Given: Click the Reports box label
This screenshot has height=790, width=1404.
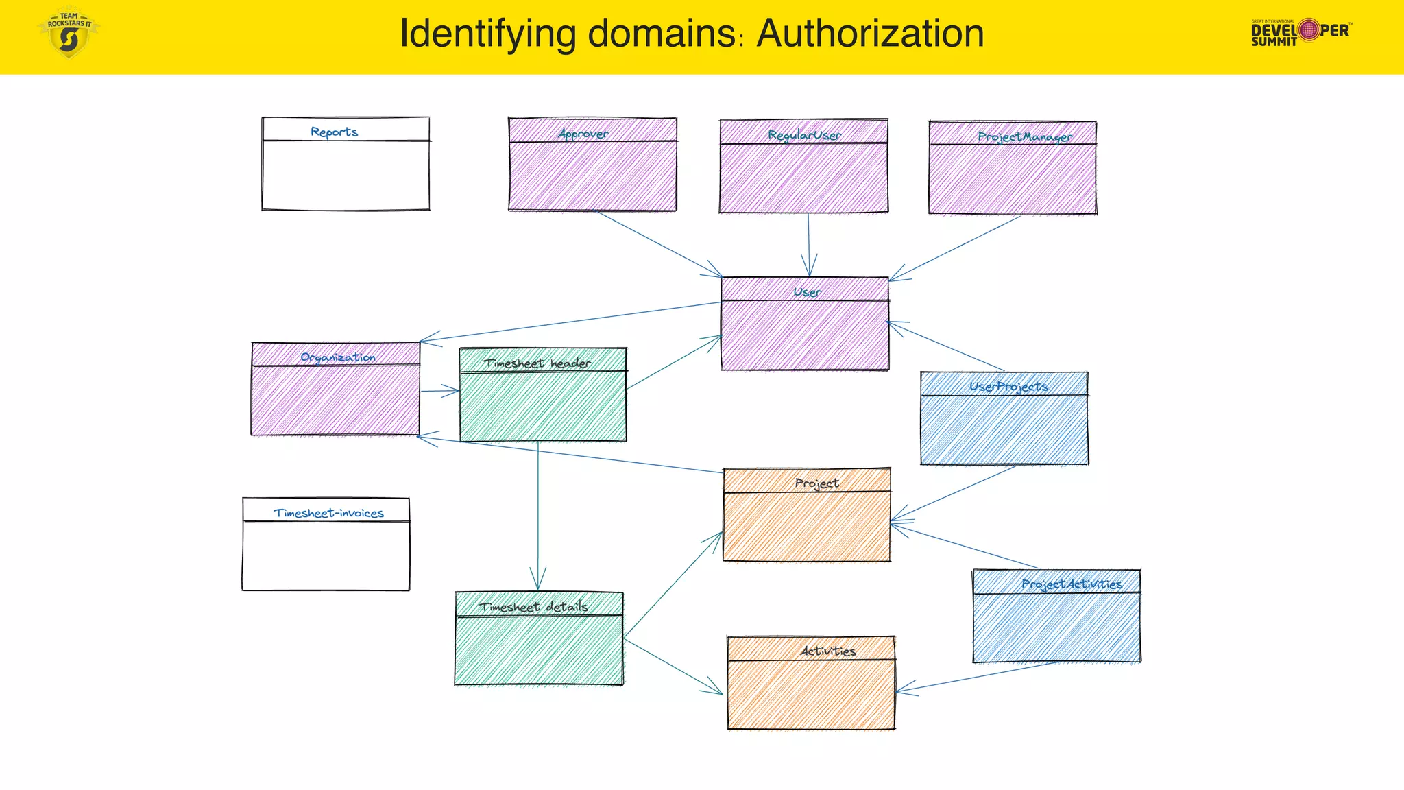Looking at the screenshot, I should click(334, 132).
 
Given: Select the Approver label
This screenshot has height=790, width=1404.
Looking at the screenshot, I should click(583, 133).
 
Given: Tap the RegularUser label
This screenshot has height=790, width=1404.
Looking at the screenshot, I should click(804, 135).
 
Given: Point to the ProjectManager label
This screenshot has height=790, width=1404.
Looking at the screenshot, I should click(1025, 136).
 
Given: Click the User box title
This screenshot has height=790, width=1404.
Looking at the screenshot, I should click(807, 292).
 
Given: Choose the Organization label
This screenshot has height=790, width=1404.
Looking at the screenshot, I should click(338, 357).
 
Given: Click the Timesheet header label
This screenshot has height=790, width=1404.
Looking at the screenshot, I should click(537, 363).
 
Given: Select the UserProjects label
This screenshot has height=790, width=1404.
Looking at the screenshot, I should click(1008, 387).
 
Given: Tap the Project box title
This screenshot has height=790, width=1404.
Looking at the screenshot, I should click(816, 483).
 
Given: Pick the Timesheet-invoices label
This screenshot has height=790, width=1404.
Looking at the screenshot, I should click(328, 513).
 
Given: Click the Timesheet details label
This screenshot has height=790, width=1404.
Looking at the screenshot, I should click(533, 607).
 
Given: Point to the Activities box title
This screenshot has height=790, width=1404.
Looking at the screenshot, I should click(828, 651).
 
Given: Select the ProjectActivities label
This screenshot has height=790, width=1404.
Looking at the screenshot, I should click(1072, 584).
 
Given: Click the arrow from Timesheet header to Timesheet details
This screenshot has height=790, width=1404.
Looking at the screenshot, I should click(538, 514).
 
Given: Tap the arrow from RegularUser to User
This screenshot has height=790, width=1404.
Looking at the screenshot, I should click(809, 243).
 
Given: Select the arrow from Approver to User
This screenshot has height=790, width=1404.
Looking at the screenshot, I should click(658, 244).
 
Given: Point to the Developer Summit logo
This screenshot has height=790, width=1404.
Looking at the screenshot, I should click(1300, 32).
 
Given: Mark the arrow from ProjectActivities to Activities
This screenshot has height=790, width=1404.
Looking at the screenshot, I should click(977, 677).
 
